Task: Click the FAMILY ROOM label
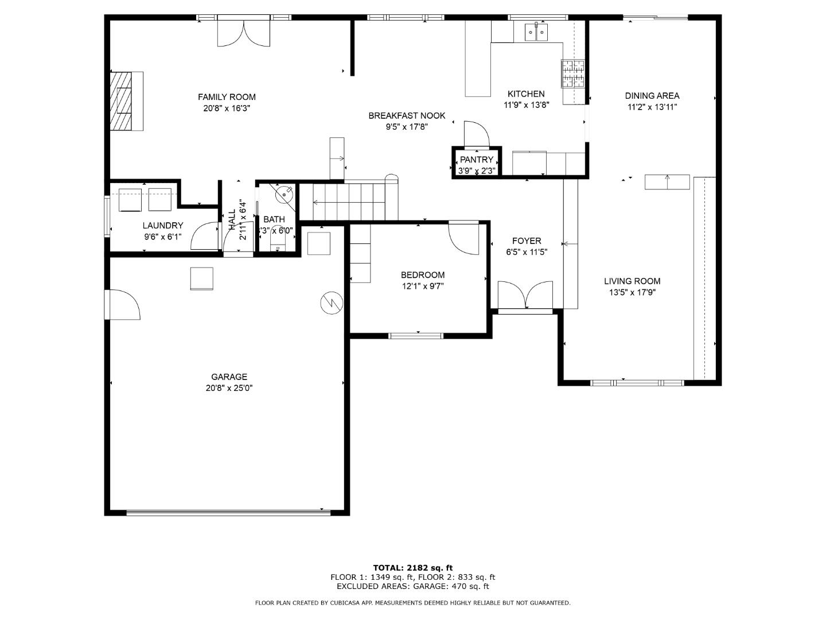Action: pyautogui.click(x=227, y=97)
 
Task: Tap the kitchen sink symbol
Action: pyautogui.click(x=536, y=32)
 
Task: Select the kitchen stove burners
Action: pyautogui.click(x=572, y=73)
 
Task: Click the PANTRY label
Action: pyautogui.click(x=476, y=160)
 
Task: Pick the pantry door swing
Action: pyautogui.click(x=476, y=135)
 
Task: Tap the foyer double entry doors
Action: pyautogui.click(x=525, y=296)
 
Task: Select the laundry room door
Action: pyautogui.click(x=205, y=237)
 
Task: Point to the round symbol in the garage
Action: pyautogui.click(x=332, y=303)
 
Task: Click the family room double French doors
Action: pyautogui.click(x=243, y=33)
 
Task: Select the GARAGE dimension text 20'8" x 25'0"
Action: pyautogui.click(x=229, y=388)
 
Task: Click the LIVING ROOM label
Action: pyautogui.click(x=632, y=281)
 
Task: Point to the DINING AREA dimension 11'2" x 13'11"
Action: pyautogui.click(x=652, y=107)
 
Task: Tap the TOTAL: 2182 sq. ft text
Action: pyautogui.click(x=412, y=568)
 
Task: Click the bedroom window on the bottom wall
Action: pyautogui.click(x=417, y=335)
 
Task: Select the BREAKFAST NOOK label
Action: pyautogui.click(x=407, y=116)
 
